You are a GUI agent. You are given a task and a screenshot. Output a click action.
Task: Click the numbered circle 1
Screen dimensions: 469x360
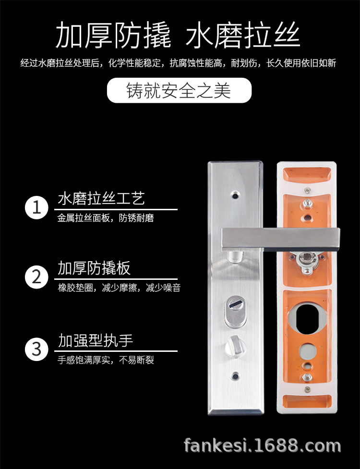coord(37,208)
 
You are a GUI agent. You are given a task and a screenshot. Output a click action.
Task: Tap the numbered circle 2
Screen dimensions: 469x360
coord(37,277)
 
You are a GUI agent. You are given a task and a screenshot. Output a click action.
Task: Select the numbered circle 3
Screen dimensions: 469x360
coord(37,348)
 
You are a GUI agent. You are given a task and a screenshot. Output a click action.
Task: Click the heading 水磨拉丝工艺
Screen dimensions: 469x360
coord(101,198)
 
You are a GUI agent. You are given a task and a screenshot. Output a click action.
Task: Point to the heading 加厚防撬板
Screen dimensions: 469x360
coord(94,268)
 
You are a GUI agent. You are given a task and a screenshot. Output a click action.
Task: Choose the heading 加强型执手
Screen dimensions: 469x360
coord(96,341)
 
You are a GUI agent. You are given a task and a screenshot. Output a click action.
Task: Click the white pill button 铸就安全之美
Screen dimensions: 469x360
coord(179,90)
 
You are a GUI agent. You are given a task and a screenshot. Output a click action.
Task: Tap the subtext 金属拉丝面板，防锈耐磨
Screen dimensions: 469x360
coord(106,218)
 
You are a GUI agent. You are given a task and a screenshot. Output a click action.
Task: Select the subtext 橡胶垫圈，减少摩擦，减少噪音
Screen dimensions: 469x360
coord(119,288)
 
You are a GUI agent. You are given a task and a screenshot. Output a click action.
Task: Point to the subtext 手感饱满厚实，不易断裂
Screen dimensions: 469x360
coord(106,360)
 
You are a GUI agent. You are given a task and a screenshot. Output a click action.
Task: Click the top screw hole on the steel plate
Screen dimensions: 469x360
coord(235,195)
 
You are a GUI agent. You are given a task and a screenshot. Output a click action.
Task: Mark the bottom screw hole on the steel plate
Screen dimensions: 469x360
coord(235,374)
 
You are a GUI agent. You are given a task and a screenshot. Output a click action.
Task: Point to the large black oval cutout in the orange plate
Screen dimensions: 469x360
coord(307,318)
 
